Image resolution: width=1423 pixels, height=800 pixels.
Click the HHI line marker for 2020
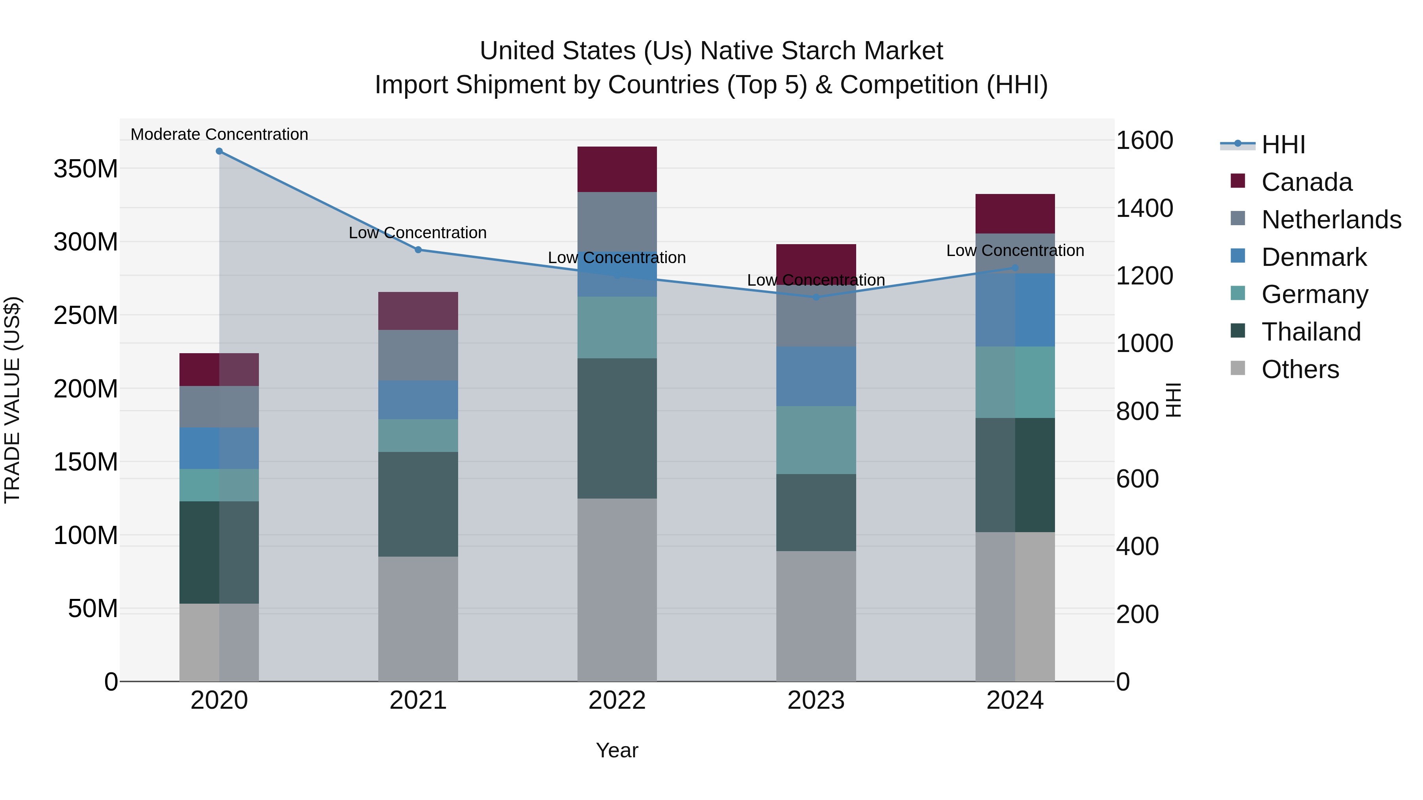click(219, 151)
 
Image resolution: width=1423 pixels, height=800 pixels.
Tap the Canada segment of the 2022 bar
click(617, 169)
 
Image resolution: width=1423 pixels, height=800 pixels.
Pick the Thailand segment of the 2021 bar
click(418, 504)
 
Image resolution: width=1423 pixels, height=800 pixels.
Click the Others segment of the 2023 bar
click(816, 616)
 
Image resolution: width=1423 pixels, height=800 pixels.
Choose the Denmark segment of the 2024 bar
click(1015, 310)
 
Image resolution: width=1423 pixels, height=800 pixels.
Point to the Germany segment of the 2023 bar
click(816, 440)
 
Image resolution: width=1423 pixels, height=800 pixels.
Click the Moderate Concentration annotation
click(219, 134)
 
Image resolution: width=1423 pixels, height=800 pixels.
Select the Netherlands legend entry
click(1331, 220)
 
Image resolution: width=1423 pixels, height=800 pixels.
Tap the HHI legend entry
click(1283, 145)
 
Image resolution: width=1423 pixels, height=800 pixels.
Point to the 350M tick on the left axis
click(86, 168)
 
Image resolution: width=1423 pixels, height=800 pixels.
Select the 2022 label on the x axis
click(617, 700)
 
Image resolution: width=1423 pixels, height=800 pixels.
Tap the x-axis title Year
click(617, 750)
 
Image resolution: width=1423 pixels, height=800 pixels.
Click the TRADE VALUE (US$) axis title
click(12, 400)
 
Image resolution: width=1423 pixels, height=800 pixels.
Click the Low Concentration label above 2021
click(418, 232)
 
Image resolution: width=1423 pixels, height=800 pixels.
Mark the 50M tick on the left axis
click(93, 608)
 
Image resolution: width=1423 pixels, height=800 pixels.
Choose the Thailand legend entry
click(1311, 332)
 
